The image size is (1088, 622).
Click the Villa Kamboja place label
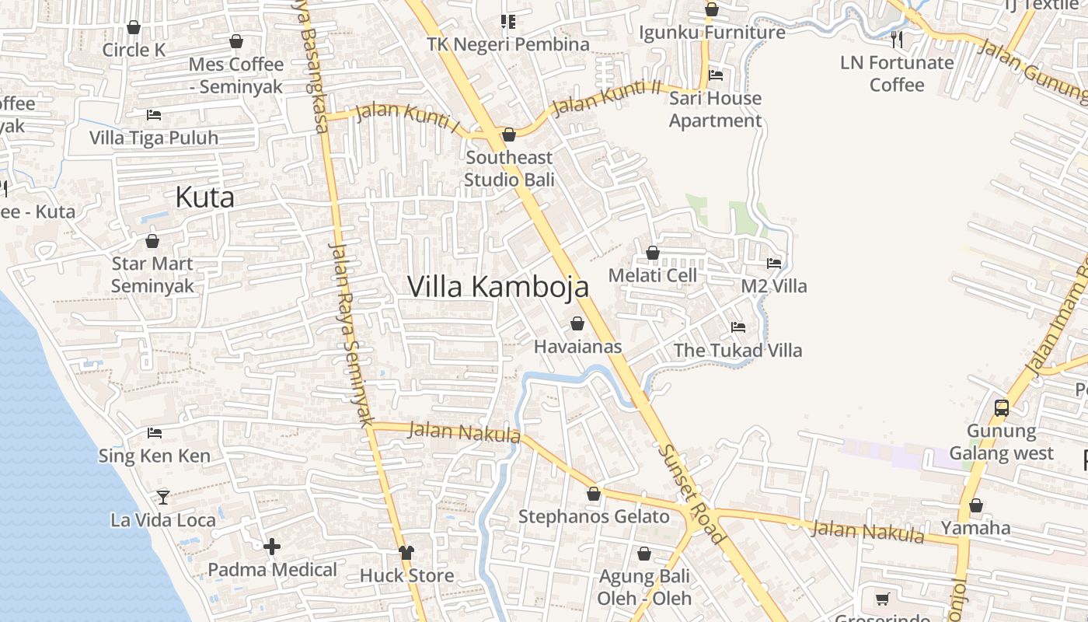498,287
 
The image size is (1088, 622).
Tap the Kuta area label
204,197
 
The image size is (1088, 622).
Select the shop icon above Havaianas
577,323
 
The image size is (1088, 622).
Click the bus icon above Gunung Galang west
1002,407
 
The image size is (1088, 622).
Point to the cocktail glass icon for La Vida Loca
162,497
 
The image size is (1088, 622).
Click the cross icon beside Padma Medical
272,547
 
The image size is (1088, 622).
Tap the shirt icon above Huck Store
406,553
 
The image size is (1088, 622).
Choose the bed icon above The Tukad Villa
738,327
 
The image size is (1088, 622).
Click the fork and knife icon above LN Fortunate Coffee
897,39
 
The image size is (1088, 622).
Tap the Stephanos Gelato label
594,517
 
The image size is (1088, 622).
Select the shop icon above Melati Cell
653,253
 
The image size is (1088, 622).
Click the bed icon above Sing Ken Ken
155,432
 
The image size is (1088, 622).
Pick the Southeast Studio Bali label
509,169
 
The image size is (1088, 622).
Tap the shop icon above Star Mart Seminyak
152,241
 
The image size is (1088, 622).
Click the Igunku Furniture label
712,33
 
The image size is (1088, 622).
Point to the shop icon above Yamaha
976,505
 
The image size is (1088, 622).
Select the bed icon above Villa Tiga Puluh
154,115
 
